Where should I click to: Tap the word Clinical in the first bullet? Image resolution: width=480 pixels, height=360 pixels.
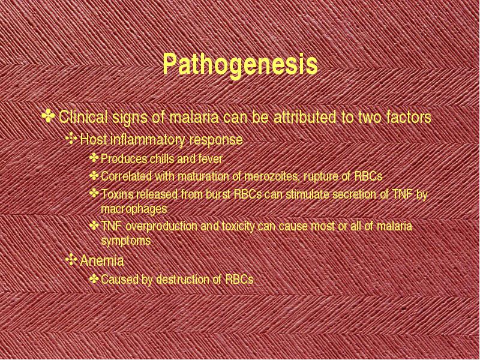(x=83, y=116)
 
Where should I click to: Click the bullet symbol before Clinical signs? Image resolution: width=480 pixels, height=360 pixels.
(x=49, y=116)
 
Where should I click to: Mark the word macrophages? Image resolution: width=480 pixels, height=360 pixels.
(x=134, y=209)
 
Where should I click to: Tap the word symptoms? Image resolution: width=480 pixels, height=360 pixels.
(x=126, y=241)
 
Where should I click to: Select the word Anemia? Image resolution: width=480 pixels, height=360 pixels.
(x=101, y=261)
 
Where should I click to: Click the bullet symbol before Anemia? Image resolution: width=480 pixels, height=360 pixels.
(x=71, y=260)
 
